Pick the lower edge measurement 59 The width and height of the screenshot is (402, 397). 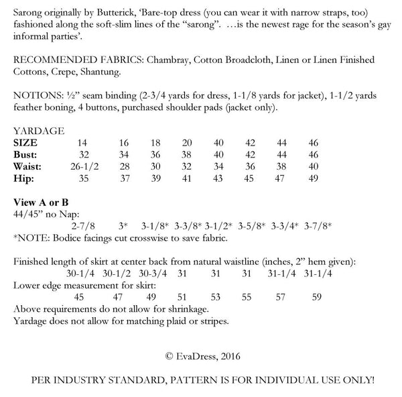pos(316,297)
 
